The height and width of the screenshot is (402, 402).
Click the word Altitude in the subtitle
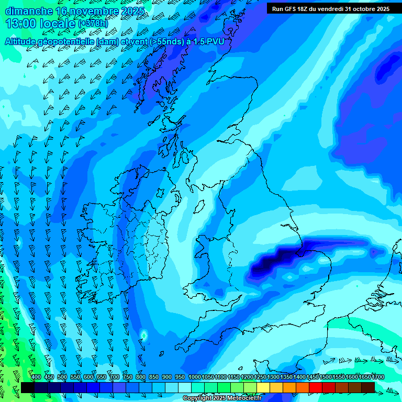click(23, 41)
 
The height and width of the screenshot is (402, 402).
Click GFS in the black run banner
click(293, 9)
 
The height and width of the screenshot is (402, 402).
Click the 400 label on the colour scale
click(36, 377)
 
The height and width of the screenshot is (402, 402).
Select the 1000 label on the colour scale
click(194, 377)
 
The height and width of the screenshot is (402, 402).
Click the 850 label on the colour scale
click(154, 377)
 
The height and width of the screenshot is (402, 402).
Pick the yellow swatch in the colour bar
click(263, 387)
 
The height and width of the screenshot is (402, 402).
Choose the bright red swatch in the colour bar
click(316, 387)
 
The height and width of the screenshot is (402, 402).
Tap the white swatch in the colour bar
click(185, 387)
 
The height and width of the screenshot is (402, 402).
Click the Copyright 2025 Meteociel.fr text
click(222, 398)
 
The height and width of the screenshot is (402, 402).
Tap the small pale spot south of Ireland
click(143, 334)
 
